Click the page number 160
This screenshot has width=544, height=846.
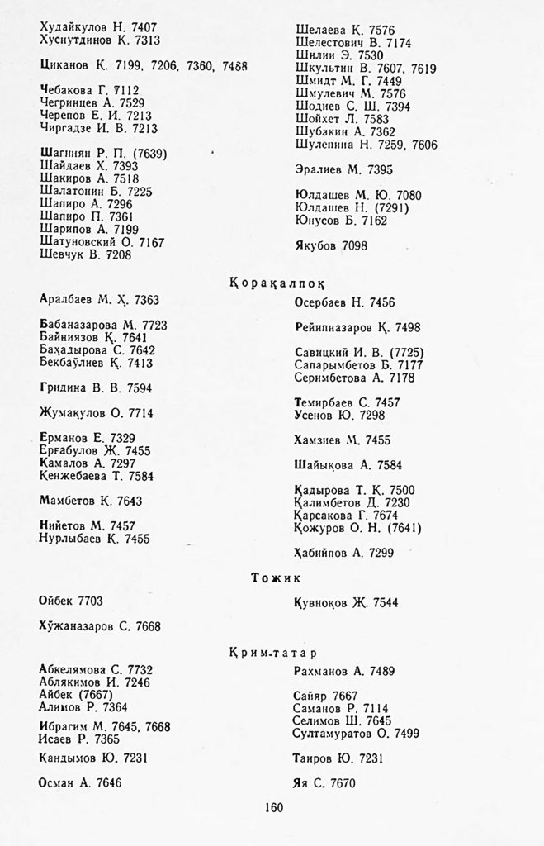point(275,808)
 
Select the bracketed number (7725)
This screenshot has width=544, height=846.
point(395,352)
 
